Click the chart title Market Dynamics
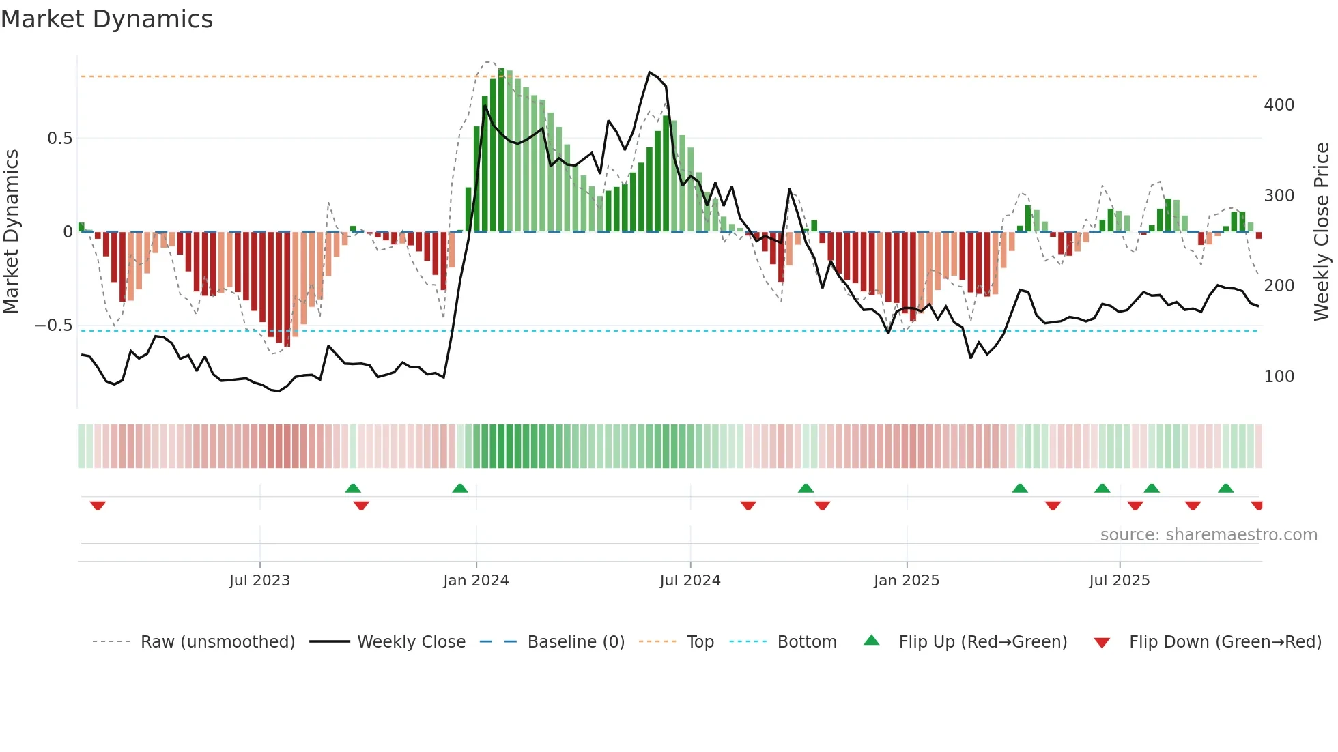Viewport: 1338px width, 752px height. [x=106, y=19]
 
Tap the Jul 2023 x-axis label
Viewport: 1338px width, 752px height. [x=259, y=581]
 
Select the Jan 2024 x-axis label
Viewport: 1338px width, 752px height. [x=476, y=581]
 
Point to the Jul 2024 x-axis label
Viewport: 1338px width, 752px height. [x=689, y=581]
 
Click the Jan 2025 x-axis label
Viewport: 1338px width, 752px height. [x=907, y=581]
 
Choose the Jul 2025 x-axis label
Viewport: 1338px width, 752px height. [x=1120, y=581]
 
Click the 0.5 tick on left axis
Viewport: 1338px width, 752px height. [x=59, y=139]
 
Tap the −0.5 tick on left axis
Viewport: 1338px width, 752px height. [x=53, y=326]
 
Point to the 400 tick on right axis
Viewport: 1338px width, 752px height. [x=1279, y=105]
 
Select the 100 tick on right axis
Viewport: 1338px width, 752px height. [x=1279, y=377]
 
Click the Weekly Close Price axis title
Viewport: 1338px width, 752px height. [x=1322, y=232]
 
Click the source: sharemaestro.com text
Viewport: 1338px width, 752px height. [x=1208, y=535]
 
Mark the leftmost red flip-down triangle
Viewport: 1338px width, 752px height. [x=98, y=506]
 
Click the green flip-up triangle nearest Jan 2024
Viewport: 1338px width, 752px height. [x=460, y=489]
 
